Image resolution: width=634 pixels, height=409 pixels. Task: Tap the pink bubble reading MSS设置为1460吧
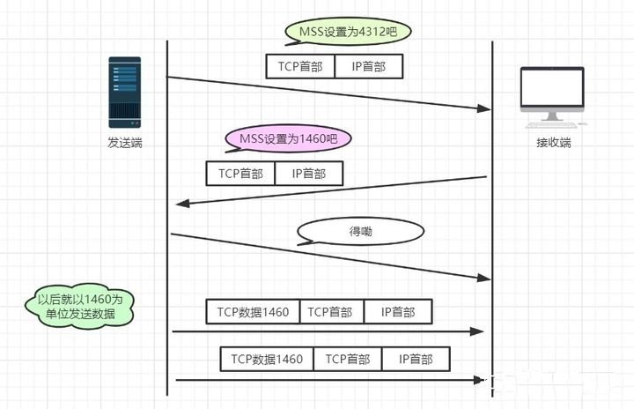click(288, 138)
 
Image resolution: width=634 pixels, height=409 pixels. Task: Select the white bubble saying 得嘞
click(360, 232)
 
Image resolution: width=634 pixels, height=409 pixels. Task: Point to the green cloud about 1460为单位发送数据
click(80, 306)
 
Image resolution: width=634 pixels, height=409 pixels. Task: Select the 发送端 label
click(124, 142)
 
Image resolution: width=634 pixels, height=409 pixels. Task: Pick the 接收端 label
click(554, 142)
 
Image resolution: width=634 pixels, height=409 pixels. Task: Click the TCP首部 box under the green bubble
click(301, 67)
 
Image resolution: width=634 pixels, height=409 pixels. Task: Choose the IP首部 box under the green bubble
click(369, 67)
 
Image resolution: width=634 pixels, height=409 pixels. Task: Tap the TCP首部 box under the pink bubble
click(240, 174)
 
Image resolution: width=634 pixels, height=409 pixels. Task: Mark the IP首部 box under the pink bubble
click(308, 174)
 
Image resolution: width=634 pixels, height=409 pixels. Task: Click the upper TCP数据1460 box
click(253, 312)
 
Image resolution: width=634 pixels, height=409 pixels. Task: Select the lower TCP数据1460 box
click(267, 359)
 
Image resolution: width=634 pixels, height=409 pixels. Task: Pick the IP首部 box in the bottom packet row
click(416, 359)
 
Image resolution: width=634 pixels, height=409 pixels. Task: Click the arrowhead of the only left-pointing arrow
click(182, 204)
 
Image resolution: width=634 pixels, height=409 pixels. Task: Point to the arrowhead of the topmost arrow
click(483, 108)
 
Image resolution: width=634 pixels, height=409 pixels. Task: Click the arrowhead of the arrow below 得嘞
click(483, 279)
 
